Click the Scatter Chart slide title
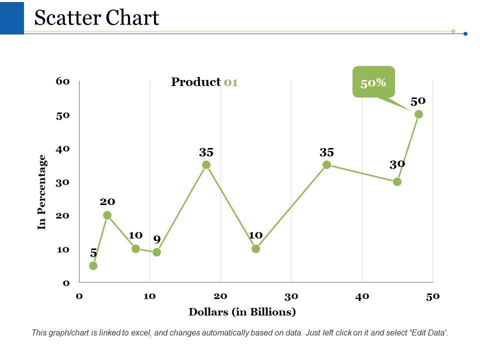point(96,18)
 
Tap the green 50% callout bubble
point(373,81)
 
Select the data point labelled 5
point(93,265)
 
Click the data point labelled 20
point(107,215)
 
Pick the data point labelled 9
point(156,252)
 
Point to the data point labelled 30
point(397,181)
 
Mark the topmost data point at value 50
point(418,114)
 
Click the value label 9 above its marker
point(156,239)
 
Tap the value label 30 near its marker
point(397,164)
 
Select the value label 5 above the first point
point(93,253)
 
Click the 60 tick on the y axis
point(62,81)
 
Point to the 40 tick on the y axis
point(62,148)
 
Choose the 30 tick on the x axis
point(291,296)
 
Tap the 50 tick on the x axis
point(432,296)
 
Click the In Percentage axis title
point(42,191)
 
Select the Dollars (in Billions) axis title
point(242,312)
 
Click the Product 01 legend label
point(204,82)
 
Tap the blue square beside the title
point(11,17)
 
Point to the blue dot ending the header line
point(465,34)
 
